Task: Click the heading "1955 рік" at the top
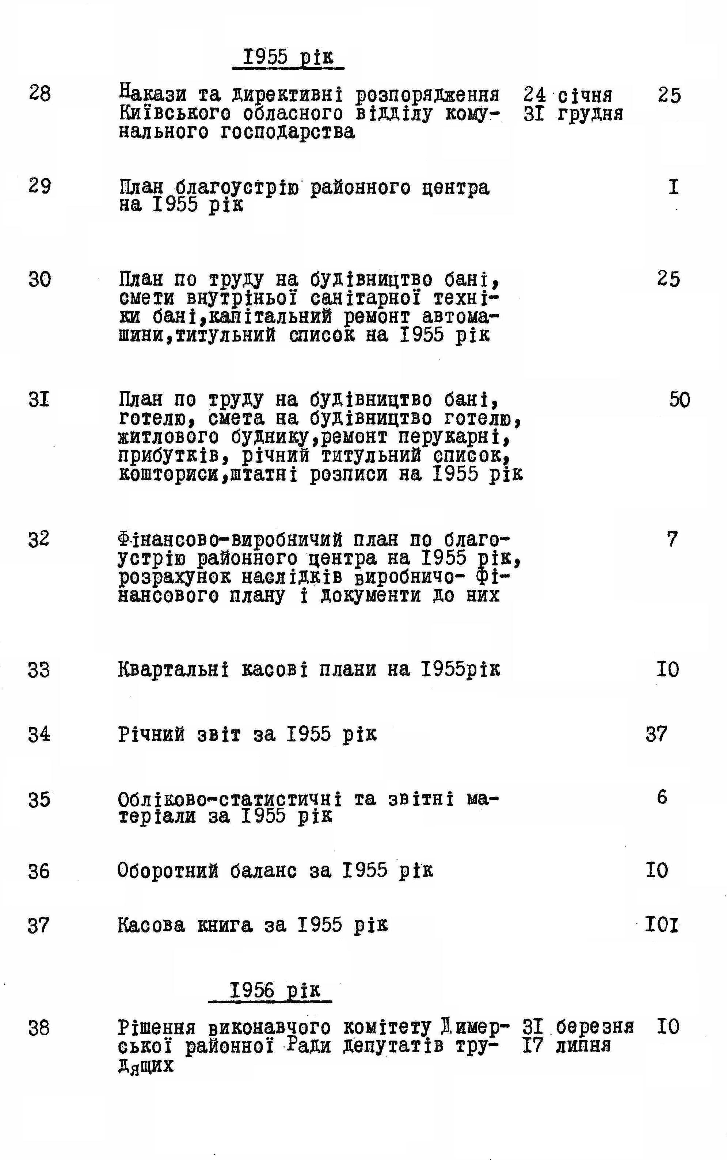point(288,57)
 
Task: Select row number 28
point(39,93)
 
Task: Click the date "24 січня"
point(568,95)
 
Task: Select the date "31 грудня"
point(573,114)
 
